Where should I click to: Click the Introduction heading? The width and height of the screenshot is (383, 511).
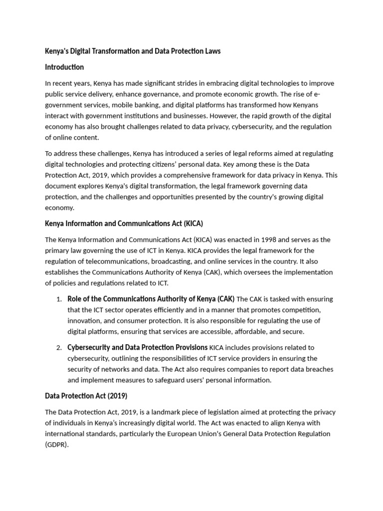pos(64,67)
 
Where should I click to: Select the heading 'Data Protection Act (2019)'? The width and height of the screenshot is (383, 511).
pos(86,396)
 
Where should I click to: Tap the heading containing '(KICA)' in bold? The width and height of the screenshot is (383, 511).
pos(124,223)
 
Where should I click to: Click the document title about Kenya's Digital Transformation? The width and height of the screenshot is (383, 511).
pos(133,51)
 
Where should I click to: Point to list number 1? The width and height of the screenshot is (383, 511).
pos(58,299)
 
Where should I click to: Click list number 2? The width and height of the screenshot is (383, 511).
pos(58,348)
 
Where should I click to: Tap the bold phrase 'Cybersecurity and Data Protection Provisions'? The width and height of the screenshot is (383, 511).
pos(137,347)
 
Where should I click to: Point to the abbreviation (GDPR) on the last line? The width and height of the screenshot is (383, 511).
pos(56,445)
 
